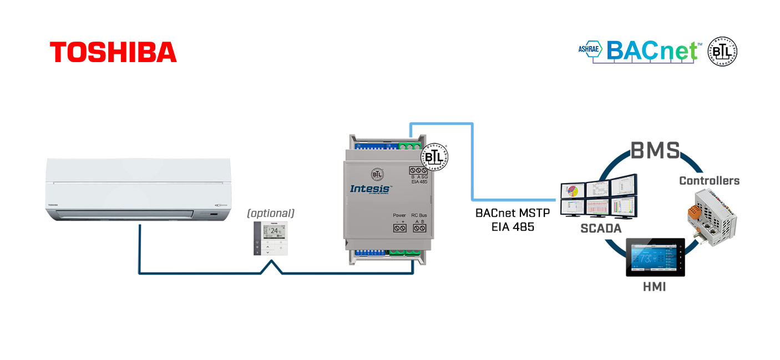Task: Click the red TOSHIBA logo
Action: tap(113, 52)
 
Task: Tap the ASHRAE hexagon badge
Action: tap(590, 49)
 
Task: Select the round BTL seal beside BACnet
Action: tap(722, 52)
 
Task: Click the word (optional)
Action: tap(271, 213)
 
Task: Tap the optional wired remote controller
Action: tap(271, 239)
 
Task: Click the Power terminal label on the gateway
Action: tap(399, 215)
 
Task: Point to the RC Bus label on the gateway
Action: tap(419, 215)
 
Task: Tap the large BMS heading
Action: tap(655, 151)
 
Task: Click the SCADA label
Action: tap(601, 228)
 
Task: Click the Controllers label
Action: tap(709, 181)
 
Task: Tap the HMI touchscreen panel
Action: tap(655, 257)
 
